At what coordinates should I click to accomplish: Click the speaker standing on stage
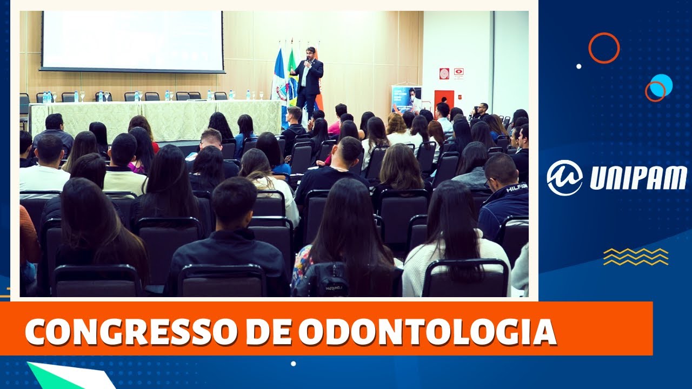pos(309,78)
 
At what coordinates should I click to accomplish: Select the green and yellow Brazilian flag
pos(292,76)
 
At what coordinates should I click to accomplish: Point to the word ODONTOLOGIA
pos(427,331)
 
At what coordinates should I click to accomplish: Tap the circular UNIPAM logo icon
pos(564,178)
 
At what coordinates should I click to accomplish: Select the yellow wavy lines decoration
pos(636,257)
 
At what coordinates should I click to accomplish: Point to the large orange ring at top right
pos(604,48)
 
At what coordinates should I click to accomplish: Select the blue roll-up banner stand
pos(406,100)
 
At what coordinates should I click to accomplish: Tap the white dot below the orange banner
pos(293,364)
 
